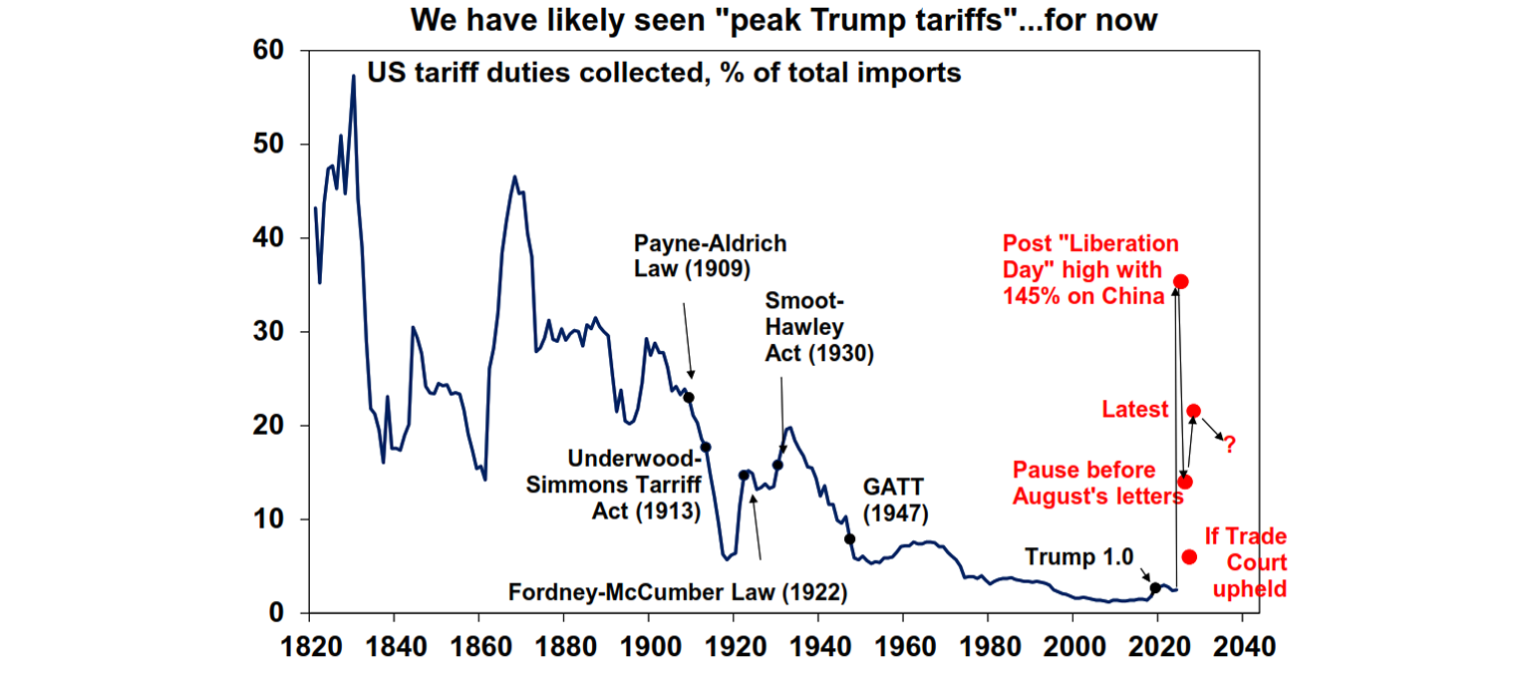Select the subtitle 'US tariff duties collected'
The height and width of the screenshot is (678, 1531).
point(664,73)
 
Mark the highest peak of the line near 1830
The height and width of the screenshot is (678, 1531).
point(353,76)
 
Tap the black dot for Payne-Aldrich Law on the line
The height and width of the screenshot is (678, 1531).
point(688,397)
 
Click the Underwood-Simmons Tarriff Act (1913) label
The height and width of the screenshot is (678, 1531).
point(634,484)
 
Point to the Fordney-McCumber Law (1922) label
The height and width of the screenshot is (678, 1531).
point(678,592)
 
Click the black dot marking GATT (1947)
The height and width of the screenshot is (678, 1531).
point(849,538)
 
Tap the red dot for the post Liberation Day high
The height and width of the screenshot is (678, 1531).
point(1181,282)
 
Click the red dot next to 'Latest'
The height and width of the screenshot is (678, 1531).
point(1194,411)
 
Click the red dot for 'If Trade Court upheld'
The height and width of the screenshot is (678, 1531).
point(1189,556)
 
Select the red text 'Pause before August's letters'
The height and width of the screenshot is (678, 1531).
point(1096,483)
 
